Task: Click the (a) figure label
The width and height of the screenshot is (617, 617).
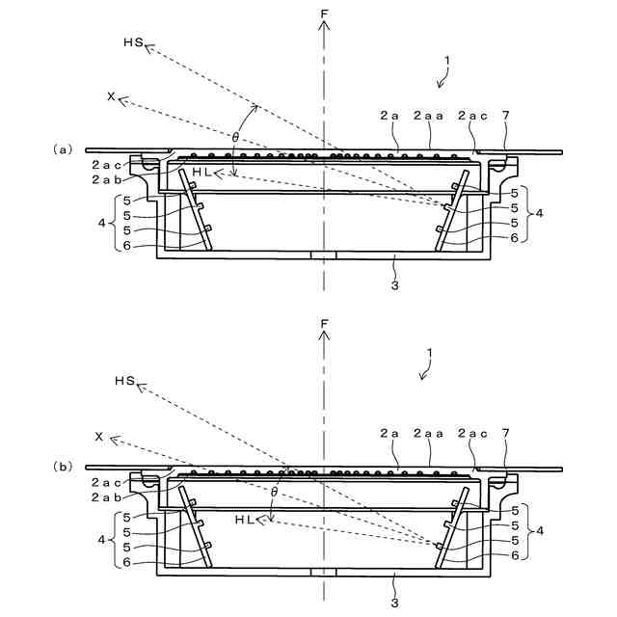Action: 63,149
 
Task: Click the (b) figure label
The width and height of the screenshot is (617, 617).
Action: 63,466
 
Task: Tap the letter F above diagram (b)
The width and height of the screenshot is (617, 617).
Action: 324,324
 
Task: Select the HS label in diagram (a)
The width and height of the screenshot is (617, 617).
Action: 133,43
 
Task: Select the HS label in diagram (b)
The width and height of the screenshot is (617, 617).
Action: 124,383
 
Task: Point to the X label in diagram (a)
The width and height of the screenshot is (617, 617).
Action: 112,97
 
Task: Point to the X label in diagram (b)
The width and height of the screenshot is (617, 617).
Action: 99,437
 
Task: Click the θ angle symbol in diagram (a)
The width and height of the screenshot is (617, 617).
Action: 236,136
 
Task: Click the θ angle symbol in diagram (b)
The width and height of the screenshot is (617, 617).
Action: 275,492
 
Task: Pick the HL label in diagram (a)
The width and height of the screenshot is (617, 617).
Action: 201,172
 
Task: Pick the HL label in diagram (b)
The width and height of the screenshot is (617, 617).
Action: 245,519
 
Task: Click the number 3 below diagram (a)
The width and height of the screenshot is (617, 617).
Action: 394,286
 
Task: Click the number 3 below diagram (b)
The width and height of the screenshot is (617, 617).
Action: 394,604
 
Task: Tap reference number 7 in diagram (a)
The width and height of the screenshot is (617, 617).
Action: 505,116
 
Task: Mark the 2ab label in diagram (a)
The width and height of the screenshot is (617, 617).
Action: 105,179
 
